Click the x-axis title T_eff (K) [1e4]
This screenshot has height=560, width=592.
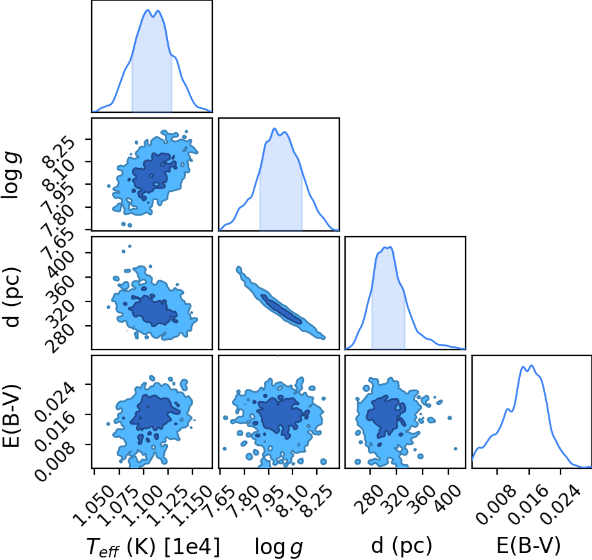coord(153,547)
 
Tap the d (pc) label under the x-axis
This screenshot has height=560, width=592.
coord(402,546)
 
